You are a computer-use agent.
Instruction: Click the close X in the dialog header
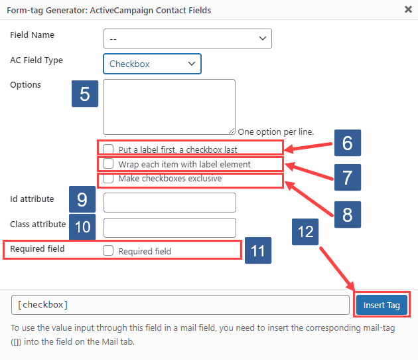pyautogui.click(x=407, y=9)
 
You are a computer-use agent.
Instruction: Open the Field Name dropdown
pyautogui.click(x=187, y=39)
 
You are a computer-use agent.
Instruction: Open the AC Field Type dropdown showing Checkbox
pyautogui.click(x=152, y=64)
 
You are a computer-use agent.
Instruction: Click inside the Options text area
pyautogui.click(x=169, y=106)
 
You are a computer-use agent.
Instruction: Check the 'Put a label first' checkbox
pyautogui.click(x=108, y=149)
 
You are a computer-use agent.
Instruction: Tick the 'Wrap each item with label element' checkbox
pyautogui.click(x=108, y=163)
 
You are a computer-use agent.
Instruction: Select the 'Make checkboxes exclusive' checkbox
pyautogui.click(x=108, y=179)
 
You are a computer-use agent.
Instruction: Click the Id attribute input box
pyautogui.click(x=170, y=203)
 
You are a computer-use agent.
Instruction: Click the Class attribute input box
pyautogui.click(x=170, y=227)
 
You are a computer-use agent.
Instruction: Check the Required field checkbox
pyautogui.click(x=108, y=251)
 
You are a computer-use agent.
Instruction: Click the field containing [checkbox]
pyautogui.click(x=180, y=305)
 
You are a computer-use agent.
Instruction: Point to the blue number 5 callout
pyautogui.click(x=84, y=94)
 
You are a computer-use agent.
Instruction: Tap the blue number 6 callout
pyautogui.click(x=347, y=143)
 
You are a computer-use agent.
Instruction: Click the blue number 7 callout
pyautogui.click(x=347, y=177)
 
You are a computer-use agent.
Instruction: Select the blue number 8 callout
pyautogui.click(x=347, y=215)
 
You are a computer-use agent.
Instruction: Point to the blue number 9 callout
pyautogui.click(x=82, y=199)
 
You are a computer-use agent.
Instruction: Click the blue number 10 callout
pyautogui.click(x=82, y=226)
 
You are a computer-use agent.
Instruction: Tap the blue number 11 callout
pyautogui.click(x=258, y=250)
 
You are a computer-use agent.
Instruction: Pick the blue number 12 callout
pyautogui.click(x=305, y=232)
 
